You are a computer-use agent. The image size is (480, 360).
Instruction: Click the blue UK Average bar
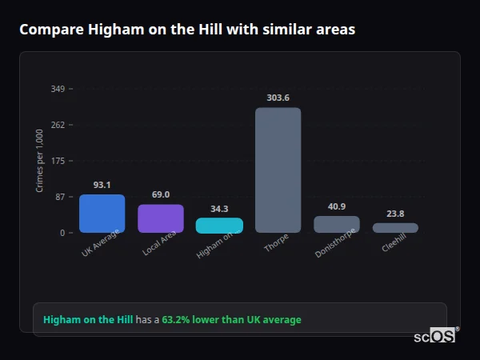(x=102, y=214)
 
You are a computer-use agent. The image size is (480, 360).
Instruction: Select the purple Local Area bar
(x=161, y=218)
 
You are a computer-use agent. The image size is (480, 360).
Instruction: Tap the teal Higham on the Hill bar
(x=219, y=225)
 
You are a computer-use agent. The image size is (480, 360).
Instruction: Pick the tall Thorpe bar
(x=278, y=170)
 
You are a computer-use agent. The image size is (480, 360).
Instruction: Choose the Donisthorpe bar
(x=337, y=224)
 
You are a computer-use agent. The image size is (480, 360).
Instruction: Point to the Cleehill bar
(x=395, y=227)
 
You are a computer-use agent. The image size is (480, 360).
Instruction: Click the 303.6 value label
(x=278, y=98)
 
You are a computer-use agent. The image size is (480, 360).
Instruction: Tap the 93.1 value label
(x=102, y=185)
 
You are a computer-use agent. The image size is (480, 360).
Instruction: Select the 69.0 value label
(x=161, y=194)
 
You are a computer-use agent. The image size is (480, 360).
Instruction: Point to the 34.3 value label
(x=219, y=209)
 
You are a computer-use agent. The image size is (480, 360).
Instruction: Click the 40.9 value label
(x=337, y=206)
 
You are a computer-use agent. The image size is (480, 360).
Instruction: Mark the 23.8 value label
(x=395, y=214)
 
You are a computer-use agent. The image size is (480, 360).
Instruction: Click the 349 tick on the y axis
(x=58, y=89)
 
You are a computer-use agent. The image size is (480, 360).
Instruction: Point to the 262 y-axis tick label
(x=58, y=125)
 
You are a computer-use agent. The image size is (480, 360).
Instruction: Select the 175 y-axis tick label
(x=58, y=161)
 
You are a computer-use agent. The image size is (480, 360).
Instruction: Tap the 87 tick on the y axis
(x=60, y=197)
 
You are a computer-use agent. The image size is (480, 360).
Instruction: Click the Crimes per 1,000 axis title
(x=40, y=161)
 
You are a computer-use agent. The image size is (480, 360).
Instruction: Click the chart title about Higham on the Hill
(x=187, y=30)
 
